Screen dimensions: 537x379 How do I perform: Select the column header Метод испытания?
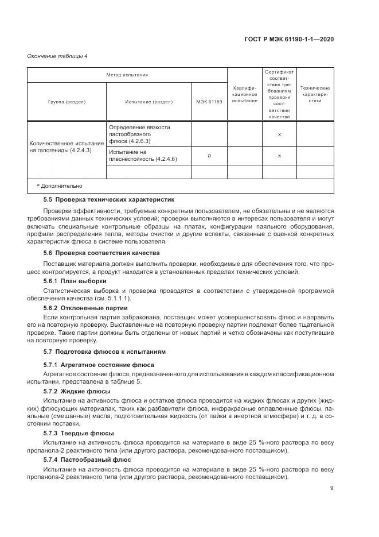click(127, 75)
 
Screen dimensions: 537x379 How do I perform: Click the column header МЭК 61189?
click(209, 102)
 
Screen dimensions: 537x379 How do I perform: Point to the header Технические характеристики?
click(315, 94)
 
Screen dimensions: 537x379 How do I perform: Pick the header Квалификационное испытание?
click(245, 94)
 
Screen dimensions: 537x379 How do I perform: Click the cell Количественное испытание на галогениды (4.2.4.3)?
click(67, 146)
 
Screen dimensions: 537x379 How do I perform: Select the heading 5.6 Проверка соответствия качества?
click(101, 253)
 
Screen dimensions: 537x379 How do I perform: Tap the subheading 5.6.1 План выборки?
click(75, 281)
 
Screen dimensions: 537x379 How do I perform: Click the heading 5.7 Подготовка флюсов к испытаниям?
click(104, 351)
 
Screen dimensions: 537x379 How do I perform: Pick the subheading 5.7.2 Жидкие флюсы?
click(77, 391)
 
